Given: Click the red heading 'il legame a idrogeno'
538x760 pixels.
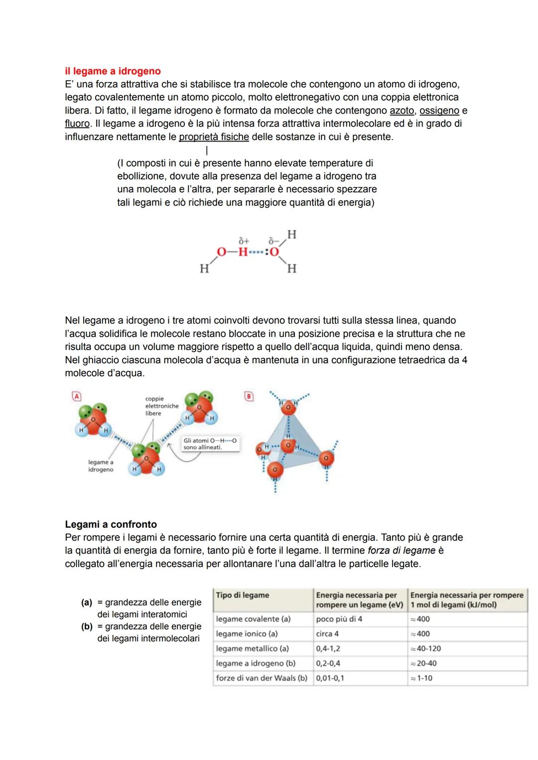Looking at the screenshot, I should point(113,71).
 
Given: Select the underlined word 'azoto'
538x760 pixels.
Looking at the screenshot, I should point(402,110).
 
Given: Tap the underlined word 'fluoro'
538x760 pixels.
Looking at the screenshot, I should point(77,124).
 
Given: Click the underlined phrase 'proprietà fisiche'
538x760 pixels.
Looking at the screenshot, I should point(214,137).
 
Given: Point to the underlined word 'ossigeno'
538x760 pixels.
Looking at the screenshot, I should point(439,110).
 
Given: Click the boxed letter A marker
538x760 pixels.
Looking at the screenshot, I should point(76,396).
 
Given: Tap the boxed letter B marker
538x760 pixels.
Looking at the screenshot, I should point(249,396).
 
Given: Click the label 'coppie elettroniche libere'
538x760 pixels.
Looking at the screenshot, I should point(161,406).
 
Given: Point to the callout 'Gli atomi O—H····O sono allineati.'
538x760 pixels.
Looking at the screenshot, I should point(210,444).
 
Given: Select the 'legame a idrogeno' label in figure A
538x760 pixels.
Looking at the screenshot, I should point(101,466).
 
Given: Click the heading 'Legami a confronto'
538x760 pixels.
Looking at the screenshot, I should point(111,524).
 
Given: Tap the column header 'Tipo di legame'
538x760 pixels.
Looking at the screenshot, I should point(243,595).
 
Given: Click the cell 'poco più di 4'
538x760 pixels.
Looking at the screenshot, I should point(339,619).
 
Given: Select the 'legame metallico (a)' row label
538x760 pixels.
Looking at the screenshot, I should point(252,648).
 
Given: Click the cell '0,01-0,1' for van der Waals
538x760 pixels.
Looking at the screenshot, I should point(330,678).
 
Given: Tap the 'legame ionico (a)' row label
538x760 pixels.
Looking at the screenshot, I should point(247,634).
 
